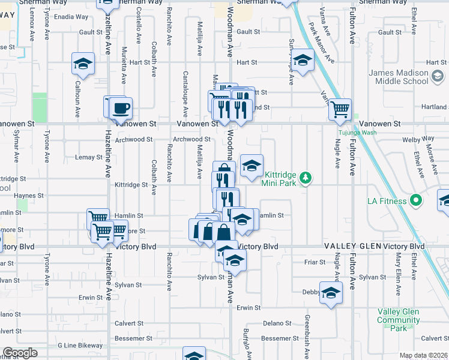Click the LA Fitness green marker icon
[x=414, y=201]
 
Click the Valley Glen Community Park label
[x=399, y=320]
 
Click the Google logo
[x=20, y=353]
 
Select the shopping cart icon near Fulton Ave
[x=340, y=109]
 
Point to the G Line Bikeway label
[x=80, y=346]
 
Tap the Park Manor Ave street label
[x=321, y=43]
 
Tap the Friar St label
[x=315, y=262]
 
